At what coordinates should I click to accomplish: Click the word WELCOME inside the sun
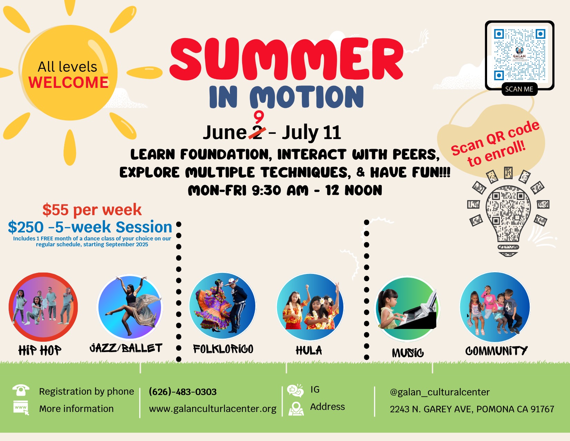68,82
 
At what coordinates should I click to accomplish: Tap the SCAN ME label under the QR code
519,89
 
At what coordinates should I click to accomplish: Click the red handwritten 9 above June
259,117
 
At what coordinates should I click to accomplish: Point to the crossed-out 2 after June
257,132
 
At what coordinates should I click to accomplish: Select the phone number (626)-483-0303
182,392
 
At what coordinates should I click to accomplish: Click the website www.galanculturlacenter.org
213,409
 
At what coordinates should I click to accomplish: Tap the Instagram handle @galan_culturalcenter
440,392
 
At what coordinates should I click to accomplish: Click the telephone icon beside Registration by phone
21,390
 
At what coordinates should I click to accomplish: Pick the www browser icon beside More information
21,408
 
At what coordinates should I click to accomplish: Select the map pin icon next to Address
296,409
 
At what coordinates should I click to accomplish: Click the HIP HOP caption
40,350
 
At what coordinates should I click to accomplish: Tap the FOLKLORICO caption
223,349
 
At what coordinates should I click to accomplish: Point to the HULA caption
309,350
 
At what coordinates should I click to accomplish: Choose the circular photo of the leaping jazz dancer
130,307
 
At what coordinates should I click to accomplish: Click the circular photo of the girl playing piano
407,309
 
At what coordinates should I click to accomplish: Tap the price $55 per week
92,210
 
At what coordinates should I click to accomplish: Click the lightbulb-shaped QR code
508,212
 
